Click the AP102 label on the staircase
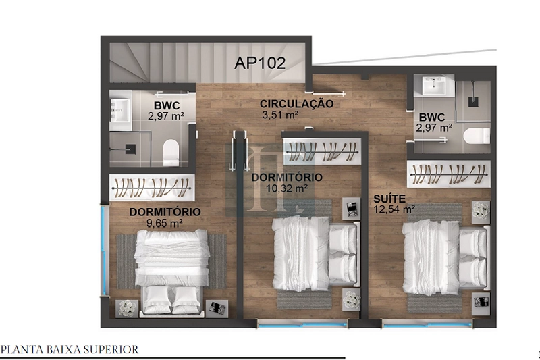[260, 63]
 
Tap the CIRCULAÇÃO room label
[296, 103]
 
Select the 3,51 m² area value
[280, 115]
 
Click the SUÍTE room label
[389, 199]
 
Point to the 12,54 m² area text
[394, 209]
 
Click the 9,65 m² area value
[165, 224]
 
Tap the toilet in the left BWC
[171, 152]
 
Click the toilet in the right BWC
[477, 136]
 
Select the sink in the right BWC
[434, 85]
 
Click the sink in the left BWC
[120, 110]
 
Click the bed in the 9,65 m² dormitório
[171, 272]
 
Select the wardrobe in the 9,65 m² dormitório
[152, 188]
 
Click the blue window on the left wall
[103, 250]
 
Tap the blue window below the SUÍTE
[427, 324]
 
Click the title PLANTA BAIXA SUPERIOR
[70, 350]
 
